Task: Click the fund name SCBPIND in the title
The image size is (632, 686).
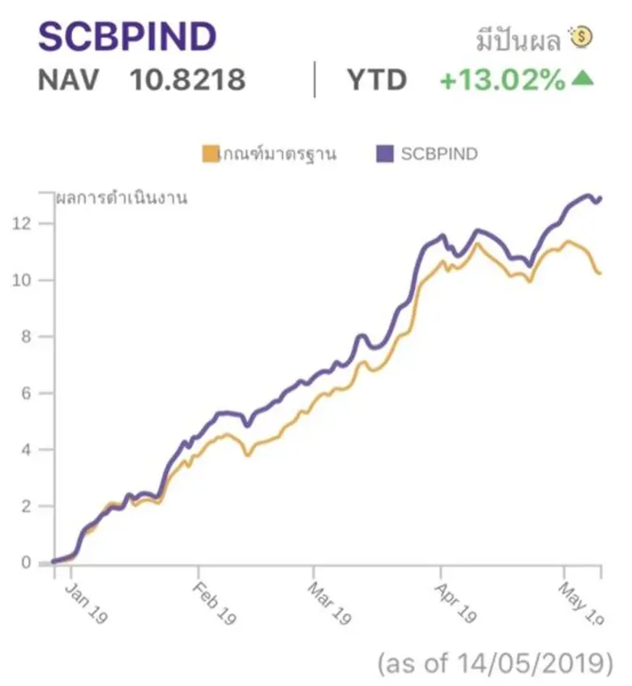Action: (x=127, y=36)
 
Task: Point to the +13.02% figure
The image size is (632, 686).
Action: (x=502, y=80)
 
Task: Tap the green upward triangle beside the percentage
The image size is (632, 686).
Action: (x=583, y=79)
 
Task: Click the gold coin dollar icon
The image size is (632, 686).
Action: (x=582, y=36)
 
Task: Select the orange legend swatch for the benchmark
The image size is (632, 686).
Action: (x=210, y=153)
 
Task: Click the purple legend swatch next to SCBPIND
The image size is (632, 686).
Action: (x=385, y=153)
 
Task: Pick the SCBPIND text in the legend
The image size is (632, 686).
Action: (x=439, y=153)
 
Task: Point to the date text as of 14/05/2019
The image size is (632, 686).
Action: (x=495, y=663)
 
